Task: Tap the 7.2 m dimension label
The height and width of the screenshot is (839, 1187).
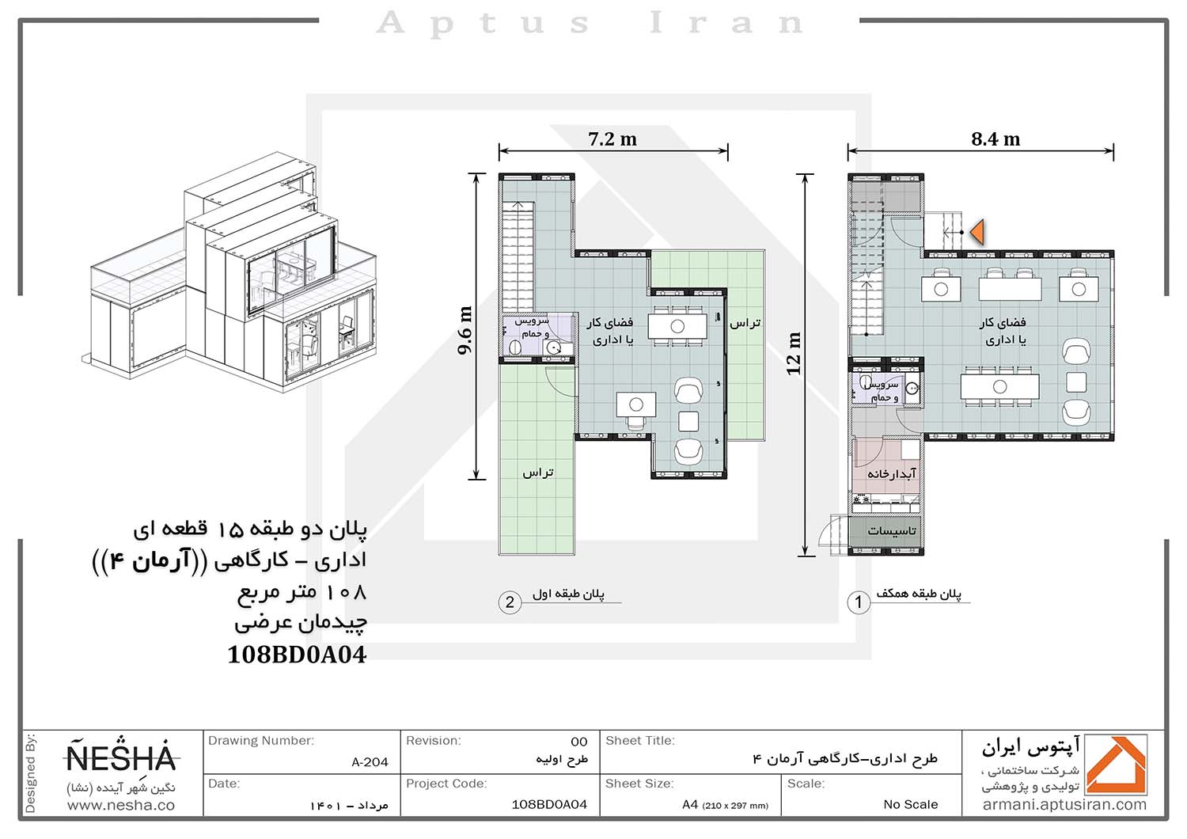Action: [612, 139]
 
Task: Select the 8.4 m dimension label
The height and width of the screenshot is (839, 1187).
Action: [995, 139]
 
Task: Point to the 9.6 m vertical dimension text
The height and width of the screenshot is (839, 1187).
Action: [465, 330]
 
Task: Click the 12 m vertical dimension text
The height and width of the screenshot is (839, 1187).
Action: [793, 354]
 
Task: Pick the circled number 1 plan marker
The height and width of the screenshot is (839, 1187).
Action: [859, 602]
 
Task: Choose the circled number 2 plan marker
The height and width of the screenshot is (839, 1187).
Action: [510, 602]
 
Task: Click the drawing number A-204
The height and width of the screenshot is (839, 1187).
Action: [370, 762]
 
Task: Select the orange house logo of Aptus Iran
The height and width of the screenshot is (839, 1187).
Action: [1117, 765]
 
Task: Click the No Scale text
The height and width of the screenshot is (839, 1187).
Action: [910, 804]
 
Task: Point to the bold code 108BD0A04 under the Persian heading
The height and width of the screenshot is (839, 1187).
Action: [297, 655]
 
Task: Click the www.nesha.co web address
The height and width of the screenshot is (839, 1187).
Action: [121, 806]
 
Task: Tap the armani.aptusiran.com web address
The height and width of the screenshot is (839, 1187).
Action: [1064, 805]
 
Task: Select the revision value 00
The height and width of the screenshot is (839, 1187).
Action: [579, 742]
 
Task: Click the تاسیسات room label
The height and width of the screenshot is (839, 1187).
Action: [892, 530]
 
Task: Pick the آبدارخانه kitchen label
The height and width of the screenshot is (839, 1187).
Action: [891, 473]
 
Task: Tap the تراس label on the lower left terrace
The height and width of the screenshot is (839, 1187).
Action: [538, 473]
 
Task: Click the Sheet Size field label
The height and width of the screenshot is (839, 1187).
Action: [639, 784]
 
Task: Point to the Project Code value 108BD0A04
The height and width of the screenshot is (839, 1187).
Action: [549, 804]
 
